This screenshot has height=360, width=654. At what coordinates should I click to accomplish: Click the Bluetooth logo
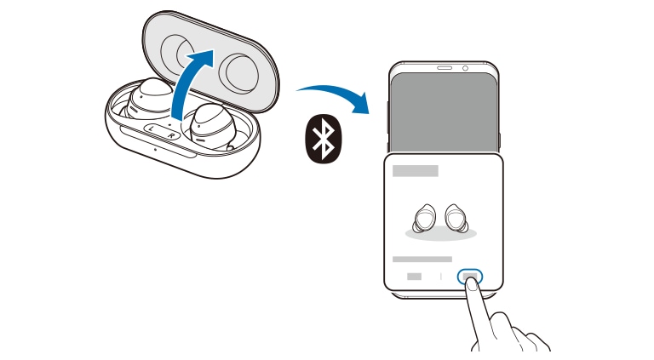(324, 139)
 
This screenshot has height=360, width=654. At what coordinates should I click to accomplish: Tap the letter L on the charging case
(151, 129)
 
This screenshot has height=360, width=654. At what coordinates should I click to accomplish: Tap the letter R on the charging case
(171, 136)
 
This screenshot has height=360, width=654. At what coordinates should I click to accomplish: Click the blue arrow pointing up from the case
(190, 83)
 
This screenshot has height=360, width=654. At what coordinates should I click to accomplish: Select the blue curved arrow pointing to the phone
(334, 93)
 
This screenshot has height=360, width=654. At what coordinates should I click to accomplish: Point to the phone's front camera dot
(465, 68)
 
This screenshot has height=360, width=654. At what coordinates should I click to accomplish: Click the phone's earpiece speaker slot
(445, 68)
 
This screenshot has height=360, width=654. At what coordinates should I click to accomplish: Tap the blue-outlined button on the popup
(470, 277)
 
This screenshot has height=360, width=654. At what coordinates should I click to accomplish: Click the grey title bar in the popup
(416, 171)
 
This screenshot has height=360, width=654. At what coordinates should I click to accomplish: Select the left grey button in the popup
(414, 277)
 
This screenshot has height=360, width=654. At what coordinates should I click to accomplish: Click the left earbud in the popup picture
(425, 218)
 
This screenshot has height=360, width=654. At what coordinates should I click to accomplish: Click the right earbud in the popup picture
(456, 217)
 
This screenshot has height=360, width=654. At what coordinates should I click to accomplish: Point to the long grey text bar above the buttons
(422, 260)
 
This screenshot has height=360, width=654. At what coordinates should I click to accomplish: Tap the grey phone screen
(445, 112)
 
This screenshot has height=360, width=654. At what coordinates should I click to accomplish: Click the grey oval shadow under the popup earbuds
(441, 234)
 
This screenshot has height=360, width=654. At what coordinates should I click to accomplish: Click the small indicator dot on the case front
(155, 149)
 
